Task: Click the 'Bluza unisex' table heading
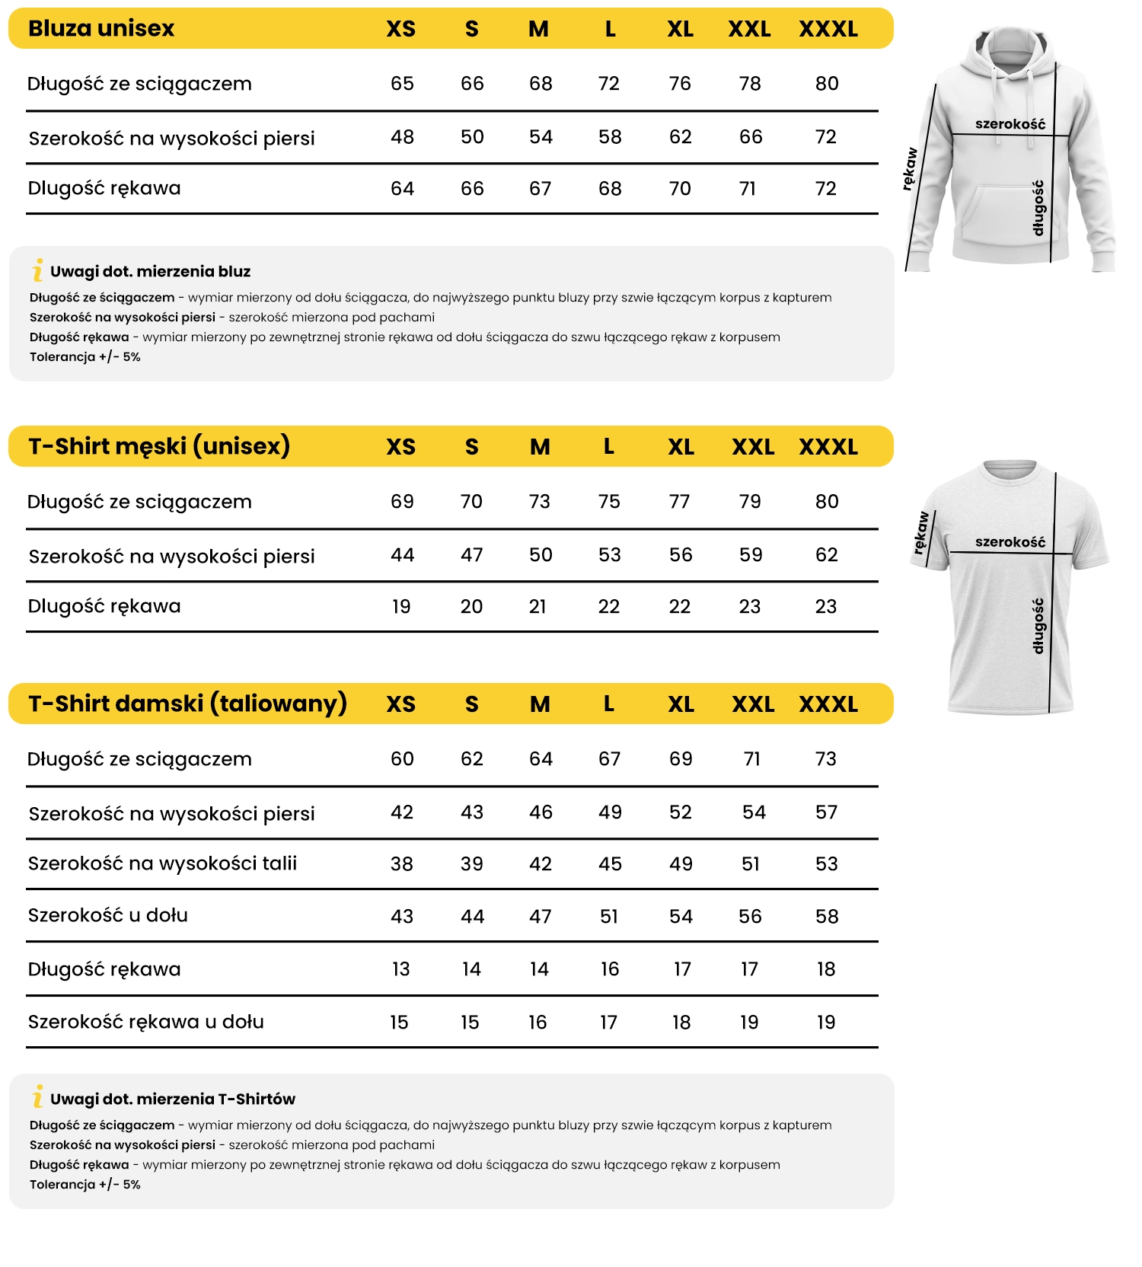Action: [x=101, y=29]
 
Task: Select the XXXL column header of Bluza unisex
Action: [x=828, y=30]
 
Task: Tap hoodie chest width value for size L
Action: [x=610, y=137]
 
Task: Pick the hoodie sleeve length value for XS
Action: [x=402, y=189]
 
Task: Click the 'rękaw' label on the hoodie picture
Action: [x=910, y=169]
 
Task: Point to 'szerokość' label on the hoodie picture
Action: [x=1010, y=124]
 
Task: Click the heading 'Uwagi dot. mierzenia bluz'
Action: [x=150, y=272]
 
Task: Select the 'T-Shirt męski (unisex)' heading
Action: [x=159, y=446]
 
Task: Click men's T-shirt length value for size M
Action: [x=540, y=502]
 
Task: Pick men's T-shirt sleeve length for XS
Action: [x=401, y=607]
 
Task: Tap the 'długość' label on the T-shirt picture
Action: [x=1038, y=626]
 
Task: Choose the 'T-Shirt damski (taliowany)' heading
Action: [x=187, y=704]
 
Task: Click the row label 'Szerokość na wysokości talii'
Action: [x=162, y=864]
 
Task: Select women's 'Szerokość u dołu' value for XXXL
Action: [x=827, y=917]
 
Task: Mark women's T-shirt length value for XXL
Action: [x=751, y=759]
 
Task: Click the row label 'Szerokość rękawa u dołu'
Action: [x=146, y=1023]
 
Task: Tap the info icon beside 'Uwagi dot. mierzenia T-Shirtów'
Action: [x=37, y=1096]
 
